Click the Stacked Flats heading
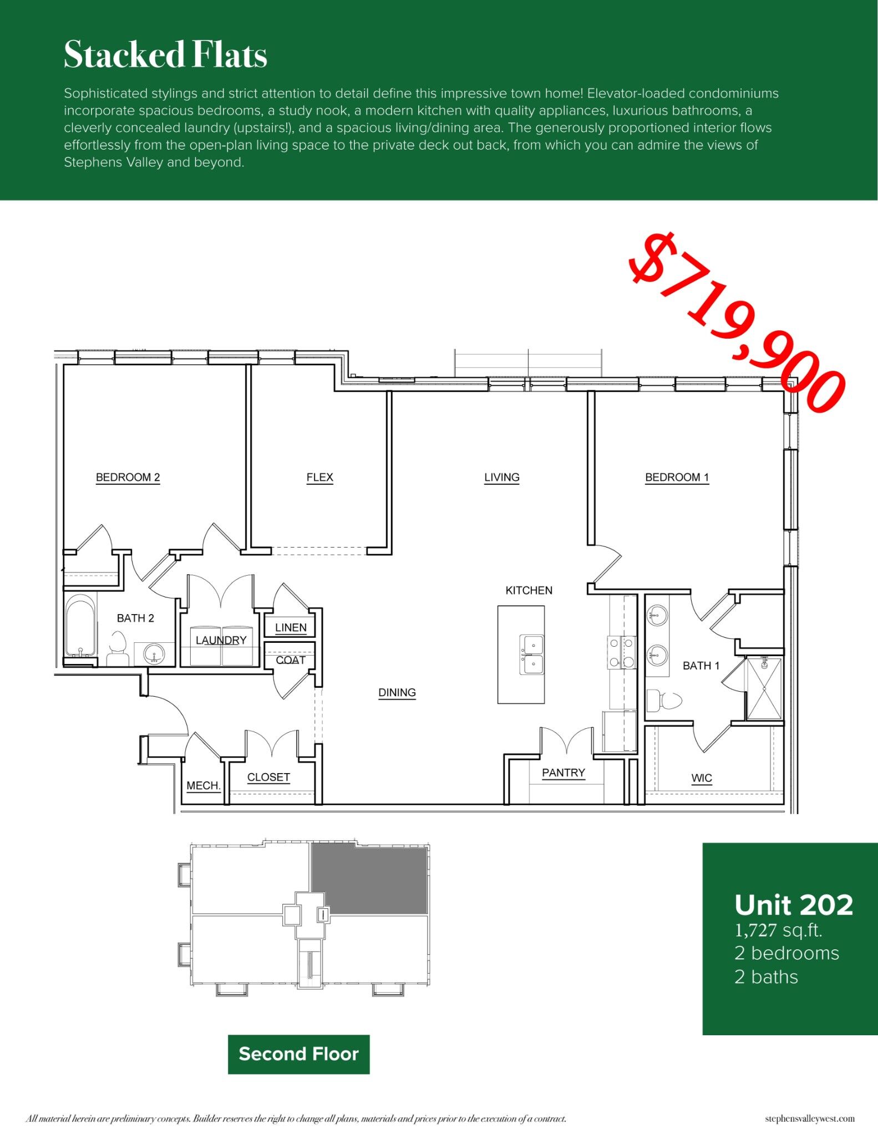[x=165, y=55]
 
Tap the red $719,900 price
[x=737, y=323]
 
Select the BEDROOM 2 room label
[x=128, y=477]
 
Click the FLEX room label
[x=319, y=477]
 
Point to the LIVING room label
[x=501, y=477]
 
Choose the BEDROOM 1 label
[x=677, y=477]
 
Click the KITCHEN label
[x=529, y=590]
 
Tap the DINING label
[x=397, y=692]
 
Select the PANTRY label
[x=563, y=773]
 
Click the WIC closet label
[x=701, y=778]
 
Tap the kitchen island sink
[x=531, y=655]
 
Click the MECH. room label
[x=204, y=786]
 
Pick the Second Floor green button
[x=298, y=1054]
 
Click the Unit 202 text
[x=793, y=905]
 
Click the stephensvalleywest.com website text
[x=809, y=1118]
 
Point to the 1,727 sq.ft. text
[x=778, y=931]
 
